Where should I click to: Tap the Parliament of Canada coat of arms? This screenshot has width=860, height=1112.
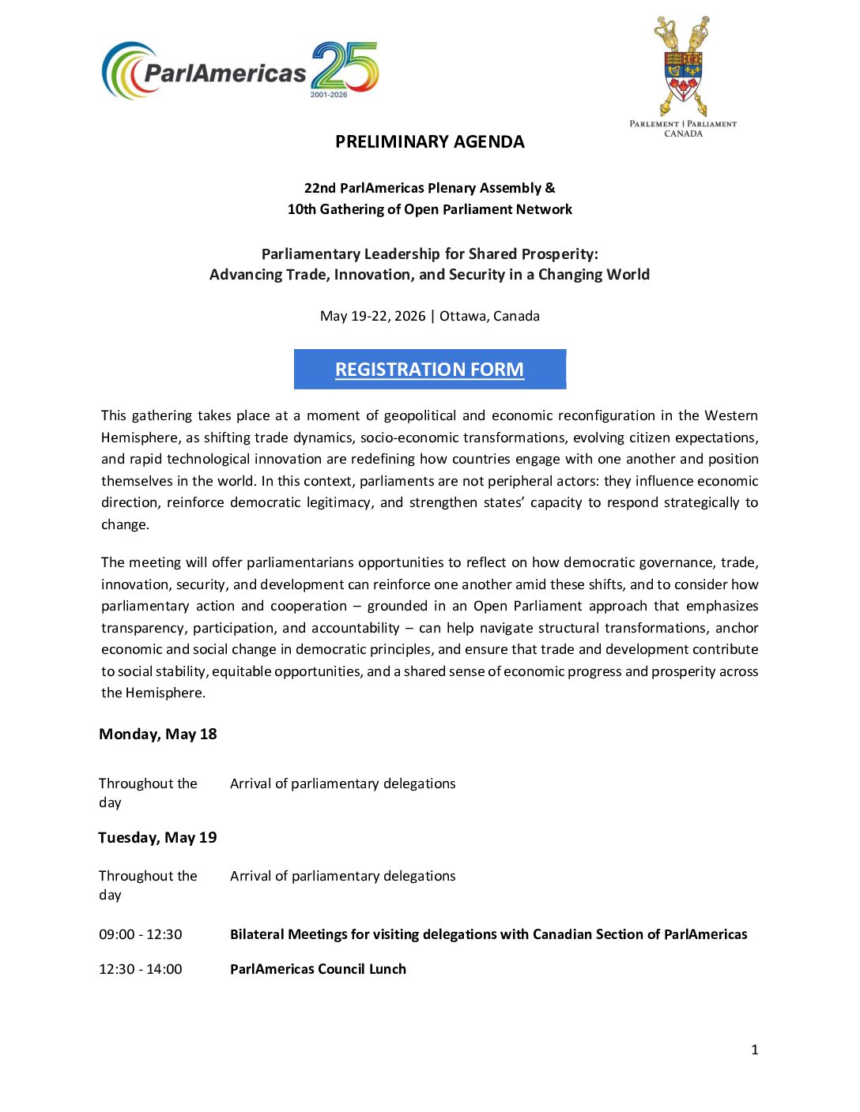click(683, 68)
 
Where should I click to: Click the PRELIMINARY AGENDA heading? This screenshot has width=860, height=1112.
click(429, 142)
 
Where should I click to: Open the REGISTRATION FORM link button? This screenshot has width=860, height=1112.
click(429, 370)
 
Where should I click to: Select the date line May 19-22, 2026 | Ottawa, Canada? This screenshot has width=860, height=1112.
click(429, 316)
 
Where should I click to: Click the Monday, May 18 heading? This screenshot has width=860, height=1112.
click(158, 734)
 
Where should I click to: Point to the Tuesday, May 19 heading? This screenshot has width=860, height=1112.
click(157, 838)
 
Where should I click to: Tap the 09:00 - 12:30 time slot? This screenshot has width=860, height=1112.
click(141, 934)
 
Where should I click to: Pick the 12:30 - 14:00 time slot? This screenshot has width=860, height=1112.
click(141, 969)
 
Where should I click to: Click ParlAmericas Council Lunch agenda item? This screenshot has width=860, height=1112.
click(318, 969)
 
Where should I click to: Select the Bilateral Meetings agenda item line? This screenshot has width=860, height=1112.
click(488, 934)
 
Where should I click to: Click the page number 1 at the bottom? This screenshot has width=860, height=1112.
click(755, 1050)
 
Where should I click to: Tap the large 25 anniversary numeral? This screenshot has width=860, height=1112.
click(345, 66)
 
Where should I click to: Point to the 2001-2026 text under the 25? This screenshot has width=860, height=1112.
click(329, 95)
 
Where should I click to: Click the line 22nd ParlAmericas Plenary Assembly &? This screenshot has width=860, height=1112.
click(429, 188)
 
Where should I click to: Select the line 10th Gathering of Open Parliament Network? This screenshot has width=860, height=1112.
click(429, 209)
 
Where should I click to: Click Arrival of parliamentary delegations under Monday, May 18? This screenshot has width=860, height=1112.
click(342, 783)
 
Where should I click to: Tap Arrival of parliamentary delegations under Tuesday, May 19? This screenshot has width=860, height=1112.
click(342, 876)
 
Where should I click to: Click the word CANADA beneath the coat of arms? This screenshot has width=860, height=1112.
click(683, 134)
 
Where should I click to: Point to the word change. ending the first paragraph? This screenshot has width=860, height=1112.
click(125, 524)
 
